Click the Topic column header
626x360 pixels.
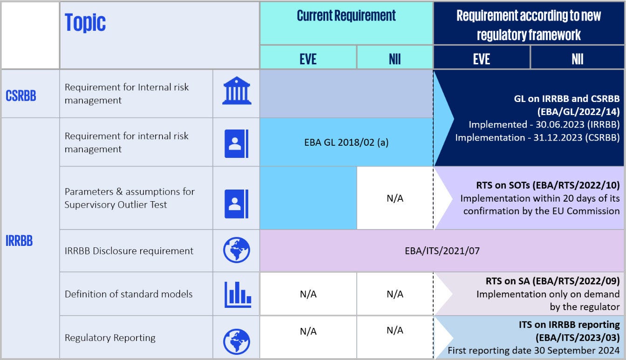click(x=85, y=22)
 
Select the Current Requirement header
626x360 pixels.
click(x=346, y=16)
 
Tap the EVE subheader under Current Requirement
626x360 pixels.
click(x=308, y=59)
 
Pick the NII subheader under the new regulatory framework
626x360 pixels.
click(x=577, y=59)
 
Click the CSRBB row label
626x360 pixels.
click(x=20, y=95)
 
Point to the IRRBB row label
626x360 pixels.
click(x=19, y=241)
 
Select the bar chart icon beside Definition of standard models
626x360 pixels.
click(x=237, y=294)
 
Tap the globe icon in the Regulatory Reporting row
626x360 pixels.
click(x=237, y=341)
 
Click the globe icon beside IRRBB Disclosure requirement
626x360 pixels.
click(x=237, y=251)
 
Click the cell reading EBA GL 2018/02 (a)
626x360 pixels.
click(x=346, y=143)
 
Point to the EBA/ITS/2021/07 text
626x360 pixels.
click(x=442, y=251)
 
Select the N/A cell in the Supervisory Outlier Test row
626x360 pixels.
click(x=395, y=198)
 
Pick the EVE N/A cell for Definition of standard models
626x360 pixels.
click(x=308, y=294)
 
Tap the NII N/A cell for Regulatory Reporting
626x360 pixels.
click(x=395, y=330)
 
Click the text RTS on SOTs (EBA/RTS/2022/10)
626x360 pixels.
click(x=548, y=185)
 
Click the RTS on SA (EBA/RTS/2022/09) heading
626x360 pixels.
click(x=552, y=281)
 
